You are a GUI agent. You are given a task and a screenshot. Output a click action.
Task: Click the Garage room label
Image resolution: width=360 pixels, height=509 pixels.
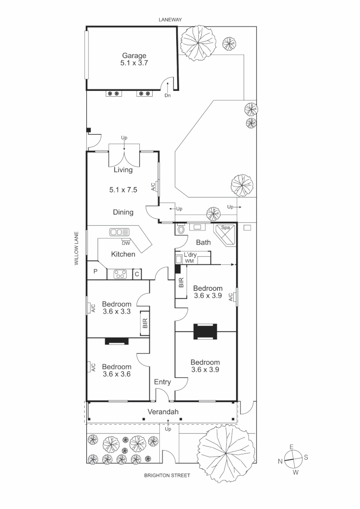click(x=134, y=56)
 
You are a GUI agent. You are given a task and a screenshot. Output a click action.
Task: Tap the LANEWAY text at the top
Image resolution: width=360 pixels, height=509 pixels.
click(x=170, y=19)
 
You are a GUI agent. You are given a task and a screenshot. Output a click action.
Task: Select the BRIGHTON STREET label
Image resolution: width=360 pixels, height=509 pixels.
click(x=167, y=476)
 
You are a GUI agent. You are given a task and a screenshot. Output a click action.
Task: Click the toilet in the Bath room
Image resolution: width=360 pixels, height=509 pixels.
click(x=181, y=230)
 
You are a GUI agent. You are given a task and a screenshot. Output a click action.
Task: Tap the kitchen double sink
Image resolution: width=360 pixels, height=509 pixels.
click(x=119, y=232)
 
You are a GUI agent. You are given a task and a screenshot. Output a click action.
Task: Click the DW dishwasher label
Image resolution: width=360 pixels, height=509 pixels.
click(x=125, y=243)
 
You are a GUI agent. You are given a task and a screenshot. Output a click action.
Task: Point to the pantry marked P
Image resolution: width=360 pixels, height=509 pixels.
click(x=95, y=271)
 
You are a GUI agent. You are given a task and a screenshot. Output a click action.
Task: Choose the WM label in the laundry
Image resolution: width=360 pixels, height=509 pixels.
click(x=189, y=261)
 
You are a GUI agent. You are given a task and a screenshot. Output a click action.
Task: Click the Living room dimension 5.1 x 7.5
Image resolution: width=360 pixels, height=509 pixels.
click(x=123, y=190)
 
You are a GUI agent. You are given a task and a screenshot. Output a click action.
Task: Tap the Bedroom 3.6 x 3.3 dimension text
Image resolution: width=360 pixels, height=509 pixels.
click(x=116, y=312)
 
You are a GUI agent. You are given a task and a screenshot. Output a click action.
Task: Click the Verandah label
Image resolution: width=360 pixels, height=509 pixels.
click(x=163, y=412)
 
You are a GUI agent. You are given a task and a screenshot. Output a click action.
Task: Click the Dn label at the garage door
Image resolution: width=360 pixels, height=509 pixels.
click(x=167, y=95)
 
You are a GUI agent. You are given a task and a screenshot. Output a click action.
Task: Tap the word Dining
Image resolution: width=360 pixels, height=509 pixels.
click(x=123, y=212)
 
